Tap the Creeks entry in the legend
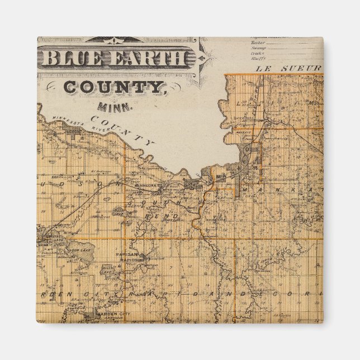pos(258,54)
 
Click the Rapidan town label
pos(126,252)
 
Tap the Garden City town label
pos(113,315)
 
